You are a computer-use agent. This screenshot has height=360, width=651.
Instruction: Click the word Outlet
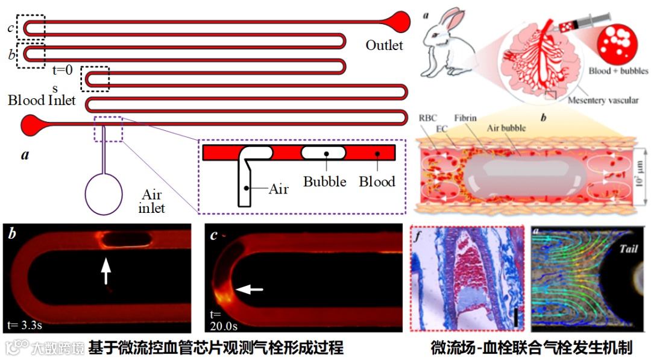384,45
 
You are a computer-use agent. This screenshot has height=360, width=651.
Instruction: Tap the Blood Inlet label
42,100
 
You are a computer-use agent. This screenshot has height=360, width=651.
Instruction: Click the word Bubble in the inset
324,182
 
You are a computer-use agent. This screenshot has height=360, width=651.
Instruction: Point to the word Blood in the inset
377,182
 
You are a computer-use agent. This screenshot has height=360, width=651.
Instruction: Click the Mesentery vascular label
603,101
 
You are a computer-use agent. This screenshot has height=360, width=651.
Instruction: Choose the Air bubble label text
506,128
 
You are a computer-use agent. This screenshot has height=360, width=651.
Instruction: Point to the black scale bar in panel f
517,317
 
